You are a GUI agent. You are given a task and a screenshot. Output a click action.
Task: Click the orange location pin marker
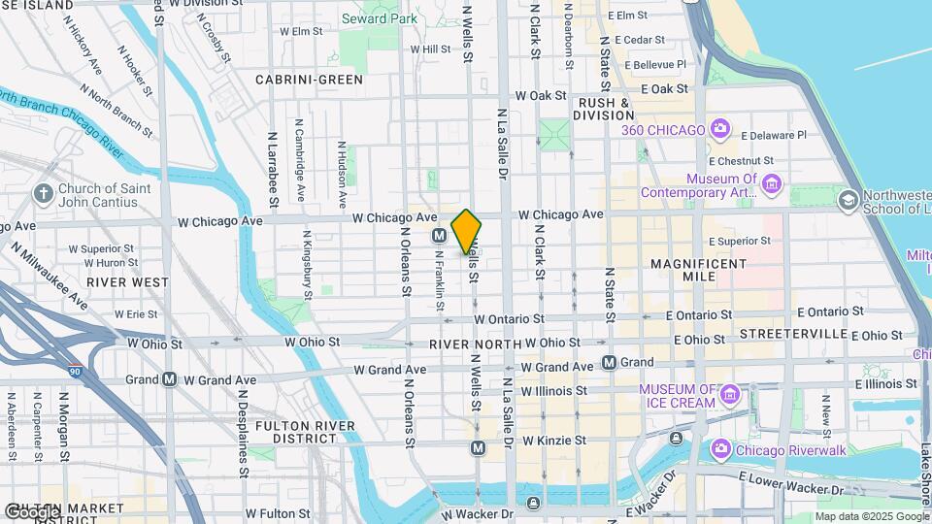pyautogui.click(x=466, y=232)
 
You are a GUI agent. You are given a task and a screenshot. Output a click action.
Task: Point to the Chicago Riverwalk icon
pyautogui.click(x=721, y=448)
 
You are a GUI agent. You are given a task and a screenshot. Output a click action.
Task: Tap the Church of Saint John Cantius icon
pyautogui.click(x=43, y=194)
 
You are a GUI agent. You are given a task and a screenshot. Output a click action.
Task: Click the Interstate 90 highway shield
pyautogui.click(x=76, y=371)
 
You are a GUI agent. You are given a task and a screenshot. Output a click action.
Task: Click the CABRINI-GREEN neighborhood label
pyautogui.click(x=309, y=80)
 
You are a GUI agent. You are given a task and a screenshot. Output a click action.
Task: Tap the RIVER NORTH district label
pyautogui.click(x=476, y=344)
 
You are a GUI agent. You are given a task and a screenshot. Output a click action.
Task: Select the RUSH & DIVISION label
pyautogui.click(x=604, y=109)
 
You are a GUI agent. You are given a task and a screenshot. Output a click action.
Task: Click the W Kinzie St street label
pyautogui.click(x=553, y=441)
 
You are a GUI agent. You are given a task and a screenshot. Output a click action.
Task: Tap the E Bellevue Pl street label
pyautogui.click(x=655, y=64)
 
